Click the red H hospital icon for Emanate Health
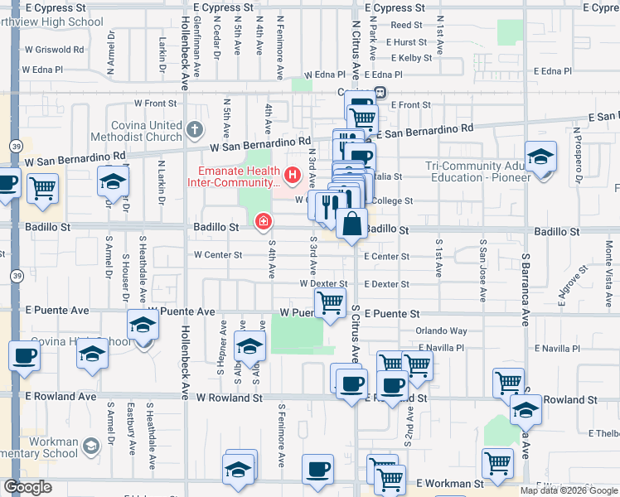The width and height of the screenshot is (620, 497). pyautogui.click(x=292, y=175)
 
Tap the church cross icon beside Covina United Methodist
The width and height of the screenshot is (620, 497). pyautogui.click(x=195, y=129)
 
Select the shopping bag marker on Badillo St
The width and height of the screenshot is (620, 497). pyautogui.click(x=352, y=224)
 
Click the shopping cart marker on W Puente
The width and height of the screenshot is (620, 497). pyautogui.click(x=330, y=304)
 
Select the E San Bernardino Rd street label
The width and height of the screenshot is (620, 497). pyautogui.click(x=424, y=131)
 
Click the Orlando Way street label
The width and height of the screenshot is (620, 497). pyautogui.click(x=441, y=331)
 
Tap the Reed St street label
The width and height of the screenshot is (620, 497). pyautogui.click(x=406, y=26)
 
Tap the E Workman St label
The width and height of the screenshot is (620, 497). pyautogui.click(x=450, y=482)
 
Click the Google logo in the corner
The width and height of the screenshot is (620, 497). pyautogui.click(x=27, y=487)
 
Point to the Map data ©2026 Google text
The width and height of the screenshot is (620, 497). pyautogui.click(x=569, y=490)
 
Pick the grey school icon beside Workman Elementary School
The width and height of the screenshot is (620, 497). pyautogui.click(x=90, y=445)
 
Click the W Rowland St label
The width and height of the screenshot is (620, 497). pyautogui.click(x=229, y=398)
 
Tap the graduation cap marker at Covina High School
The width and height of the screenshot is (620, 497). pyautogui.click(x=143, y=326)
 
